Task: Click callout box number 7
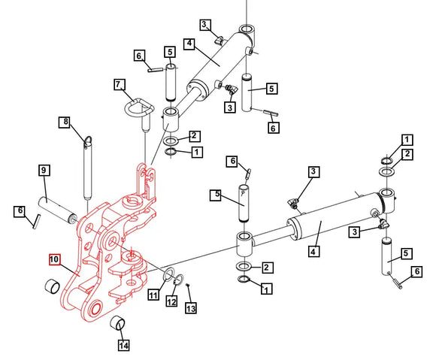[118, 85]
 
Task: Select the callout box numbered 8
[65, 122]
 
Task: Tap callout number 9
[44, 171]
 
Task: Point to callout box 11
[153, 295]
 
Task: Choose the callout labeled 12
[171, 301]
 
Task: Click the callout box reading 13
[191, 308]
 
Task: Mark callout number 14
[123, 345]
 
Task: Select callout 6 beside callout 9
[20, 213]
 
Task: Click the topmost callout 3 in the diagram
[205, 25]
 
